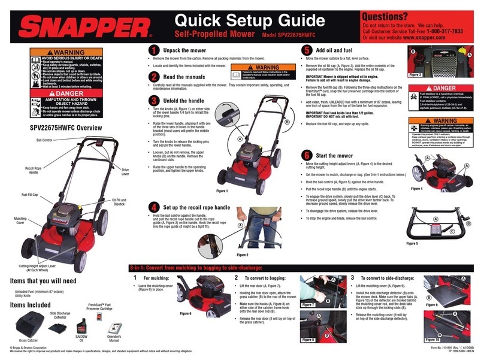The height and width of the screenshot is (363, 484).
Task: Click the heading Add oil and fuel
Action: pos(339,50)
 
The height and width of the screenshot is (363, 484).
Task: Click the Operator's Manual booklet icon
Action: pos(114,328)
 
